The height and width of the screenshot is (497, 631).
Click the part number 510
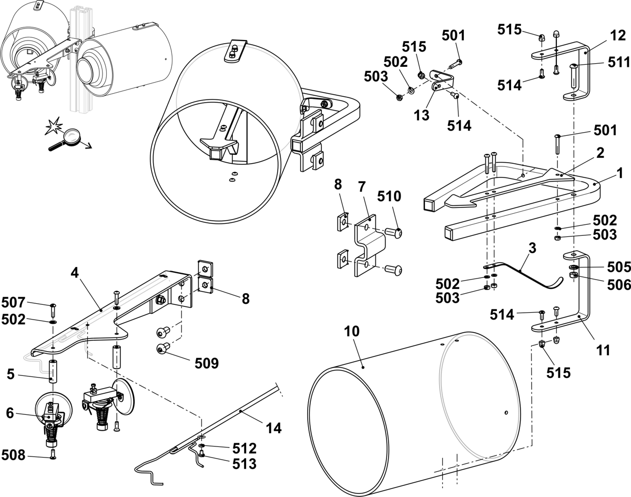tap(389, 196)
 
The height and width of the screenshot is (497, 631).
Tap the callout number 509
tap(207, 363)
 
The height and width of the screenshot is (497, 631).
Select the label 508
tap(14, 455)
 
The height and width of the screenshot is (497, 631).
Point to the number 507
tap(14, 302)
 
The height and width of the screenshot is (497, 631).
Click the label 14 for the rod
tap(273, 428)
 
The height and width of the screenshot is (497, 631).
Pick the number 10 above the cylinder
tap(352, 332)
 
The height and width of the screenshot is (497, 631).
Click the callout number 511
tap(619, 62)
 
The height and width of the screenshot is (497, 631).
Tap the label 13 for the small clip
tap(422, 115)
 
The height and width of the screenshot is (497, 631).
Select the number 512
tap(245, 448)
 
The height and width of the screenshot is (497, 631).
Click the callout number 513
tap(245, 464)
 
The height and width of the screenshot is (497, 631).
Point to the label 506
tap(619, 284)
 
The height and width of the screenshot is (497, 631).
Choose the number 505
tap(619, 267)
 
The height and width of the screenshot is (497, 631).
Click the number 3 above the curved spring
tap(532, 248)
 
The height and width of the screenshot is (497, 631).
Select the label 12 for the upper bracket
tap(618, 35)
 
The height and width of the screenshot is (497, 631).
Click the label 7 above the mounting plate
tap(362, 186)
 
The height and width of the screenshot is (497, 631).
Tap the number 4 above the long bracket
tap(75, 273)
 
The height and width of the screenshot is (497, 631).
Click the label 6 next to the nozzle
tap(10, 413)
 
